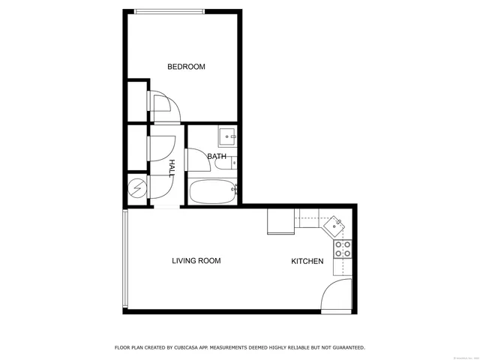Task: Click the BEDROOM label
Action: [186, 67]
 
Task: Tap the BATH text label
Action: [217, 157]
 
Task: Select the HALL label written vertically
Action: [172, 167]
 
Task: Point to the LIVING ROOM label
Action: [196, 261]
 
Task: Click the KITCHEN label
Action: [307, 261]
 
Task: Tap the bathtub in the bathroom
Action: [212, 192]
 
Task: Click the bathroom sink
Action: [227, 136]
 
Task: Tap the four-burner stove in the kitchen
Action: [343, 249]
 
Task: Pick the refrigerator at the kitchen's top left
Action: [280, 220]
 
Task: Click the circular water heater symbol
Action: [136, 187]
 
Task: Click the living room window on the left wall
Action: [125, 259]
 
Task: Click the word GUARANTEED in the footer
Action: [341, 347]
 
